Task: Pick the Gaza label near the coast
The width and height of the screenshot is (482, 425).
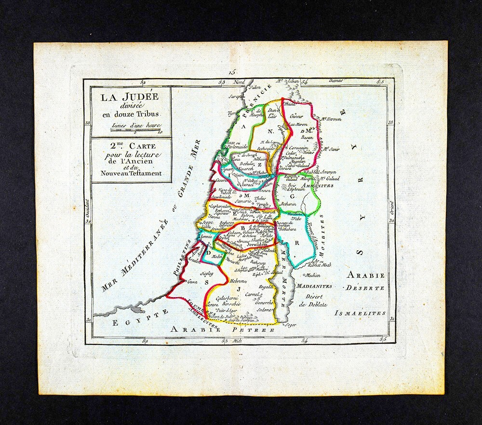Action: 192,281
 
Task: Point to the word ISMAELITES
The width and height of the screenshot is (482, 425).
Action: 360,313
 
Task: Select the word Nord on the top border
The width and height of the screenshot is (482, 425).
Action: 239,82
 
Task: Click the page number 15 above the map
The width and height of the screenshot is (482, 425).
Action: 233,71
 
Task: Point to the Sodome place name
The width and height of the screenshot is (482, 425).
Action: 265,310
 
